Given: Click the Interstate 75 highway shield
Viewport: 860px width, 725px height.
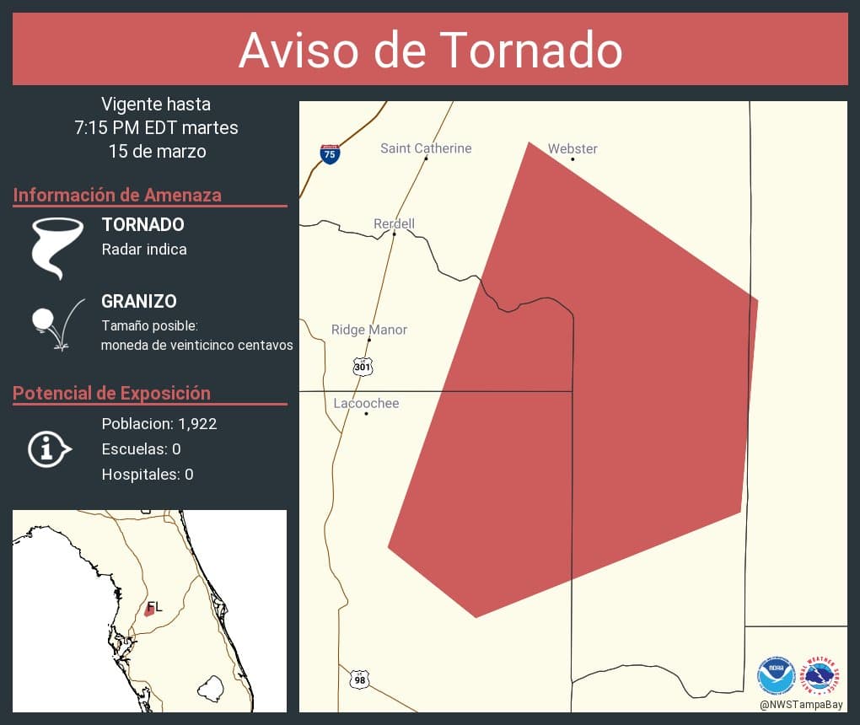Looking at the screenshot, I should (330, 153).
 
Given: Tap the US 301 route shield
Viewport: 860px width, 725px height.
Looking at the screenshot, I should (362, 367).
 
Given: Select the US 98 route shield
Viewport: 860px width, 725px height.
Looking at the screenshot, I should (359, 679).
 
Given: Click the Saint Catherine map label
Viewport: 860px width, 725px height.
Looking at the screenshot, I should (426, 148).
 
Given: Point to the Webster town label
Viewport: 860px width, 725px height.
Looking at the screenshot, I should (572, 148).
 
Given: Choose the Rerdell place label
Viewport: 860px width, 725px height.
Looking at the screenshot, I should (394, 223).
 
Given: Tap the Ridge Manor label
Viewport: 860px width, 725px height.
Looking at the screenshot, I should (369, 330).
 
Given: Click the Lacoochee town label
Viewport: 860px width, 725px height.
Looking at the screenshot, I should (366, 403).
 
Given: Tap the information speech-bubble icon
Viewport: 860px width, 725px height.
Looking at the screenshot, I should (48, 448).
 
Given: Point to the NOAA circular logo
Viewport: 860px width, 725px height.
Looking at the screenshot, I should (776, 675).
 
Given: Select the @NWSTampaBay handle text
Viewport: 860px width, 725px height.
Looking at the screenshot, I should (801, 704).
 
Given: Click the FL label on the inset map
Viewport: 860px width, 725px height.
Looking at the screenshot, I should (154, 606).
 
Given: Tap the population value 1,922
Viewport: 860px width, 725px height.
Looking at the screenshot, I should (197, 423).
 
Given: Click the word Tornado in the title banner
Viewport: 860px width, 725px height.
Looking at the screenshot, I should (531, 50).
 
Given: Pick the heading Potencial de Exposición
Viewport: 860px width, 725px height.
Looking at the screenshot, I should (111, 393).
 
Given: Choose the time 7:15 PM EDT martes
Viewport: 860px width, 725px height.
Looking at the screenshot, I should (156, 128).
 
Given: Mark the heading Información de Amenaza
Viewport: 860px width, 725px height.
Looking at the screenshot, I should (117, 195).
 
